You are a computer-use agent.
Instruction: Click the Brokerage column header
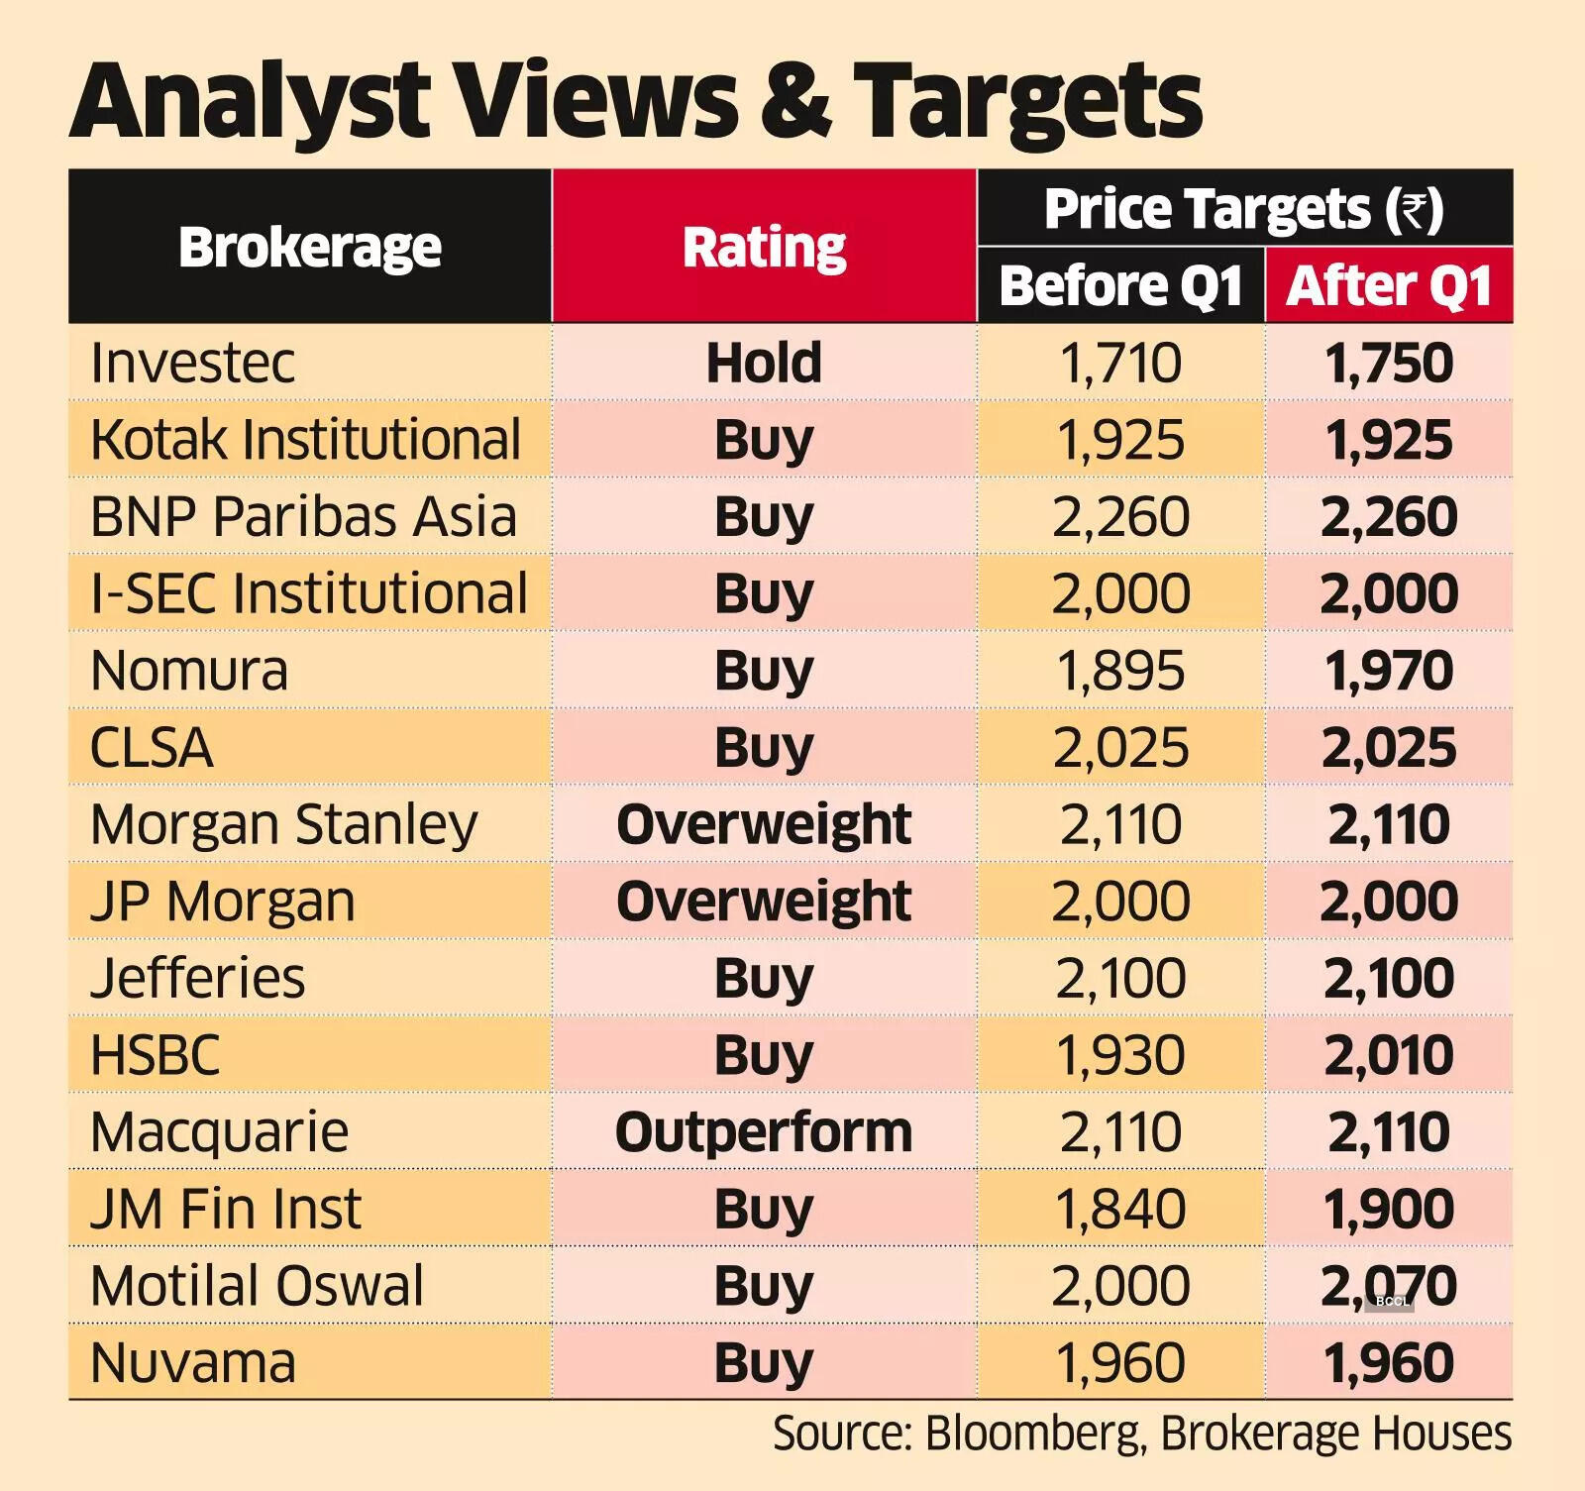(309, 247)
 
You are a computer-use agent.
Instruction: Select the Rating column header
(764, 247)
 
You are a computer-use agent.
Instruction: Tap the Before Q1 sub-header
(1120, 286)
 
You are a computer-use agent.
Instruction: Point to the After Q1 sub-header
(1389, 286)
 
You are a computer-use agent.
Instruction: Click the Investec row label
(192, 363)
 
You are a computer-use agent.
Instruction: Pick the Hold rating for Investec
(764, 363)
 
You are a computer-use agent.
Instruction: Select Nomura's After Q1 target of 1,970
(1389, 671)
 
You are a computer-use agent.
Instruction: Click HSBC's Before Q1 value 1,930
(1120, 1055)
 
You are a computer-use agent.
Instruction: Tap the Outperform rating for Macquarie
(764, 1132)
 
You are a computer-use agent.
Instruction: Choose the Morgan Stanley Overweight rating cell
(764, 824)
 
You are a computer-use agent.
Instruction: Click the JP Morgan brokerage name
(222, 902)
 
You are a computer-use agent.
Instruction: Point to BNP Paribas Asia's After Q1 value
(1389, 517)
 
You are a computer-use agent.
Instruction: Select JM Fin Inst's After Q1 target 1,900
(1389, 1209)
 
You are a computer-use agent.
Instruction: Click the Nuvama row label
(192, 1363)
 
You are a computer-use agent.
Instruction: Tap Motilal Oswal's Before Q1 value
(1120, 1286)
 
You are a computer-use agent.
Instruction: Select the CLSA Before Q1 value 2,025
(1120, 748)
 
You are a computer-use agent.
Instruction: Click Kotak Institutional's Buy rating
(764, 440)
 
